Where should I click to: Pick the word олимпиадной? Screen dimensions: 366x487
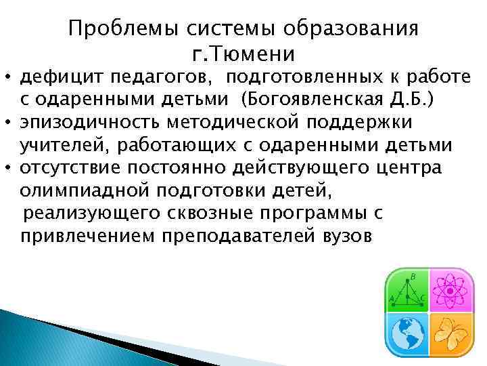pyautogui.click(x=79, y=190)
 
